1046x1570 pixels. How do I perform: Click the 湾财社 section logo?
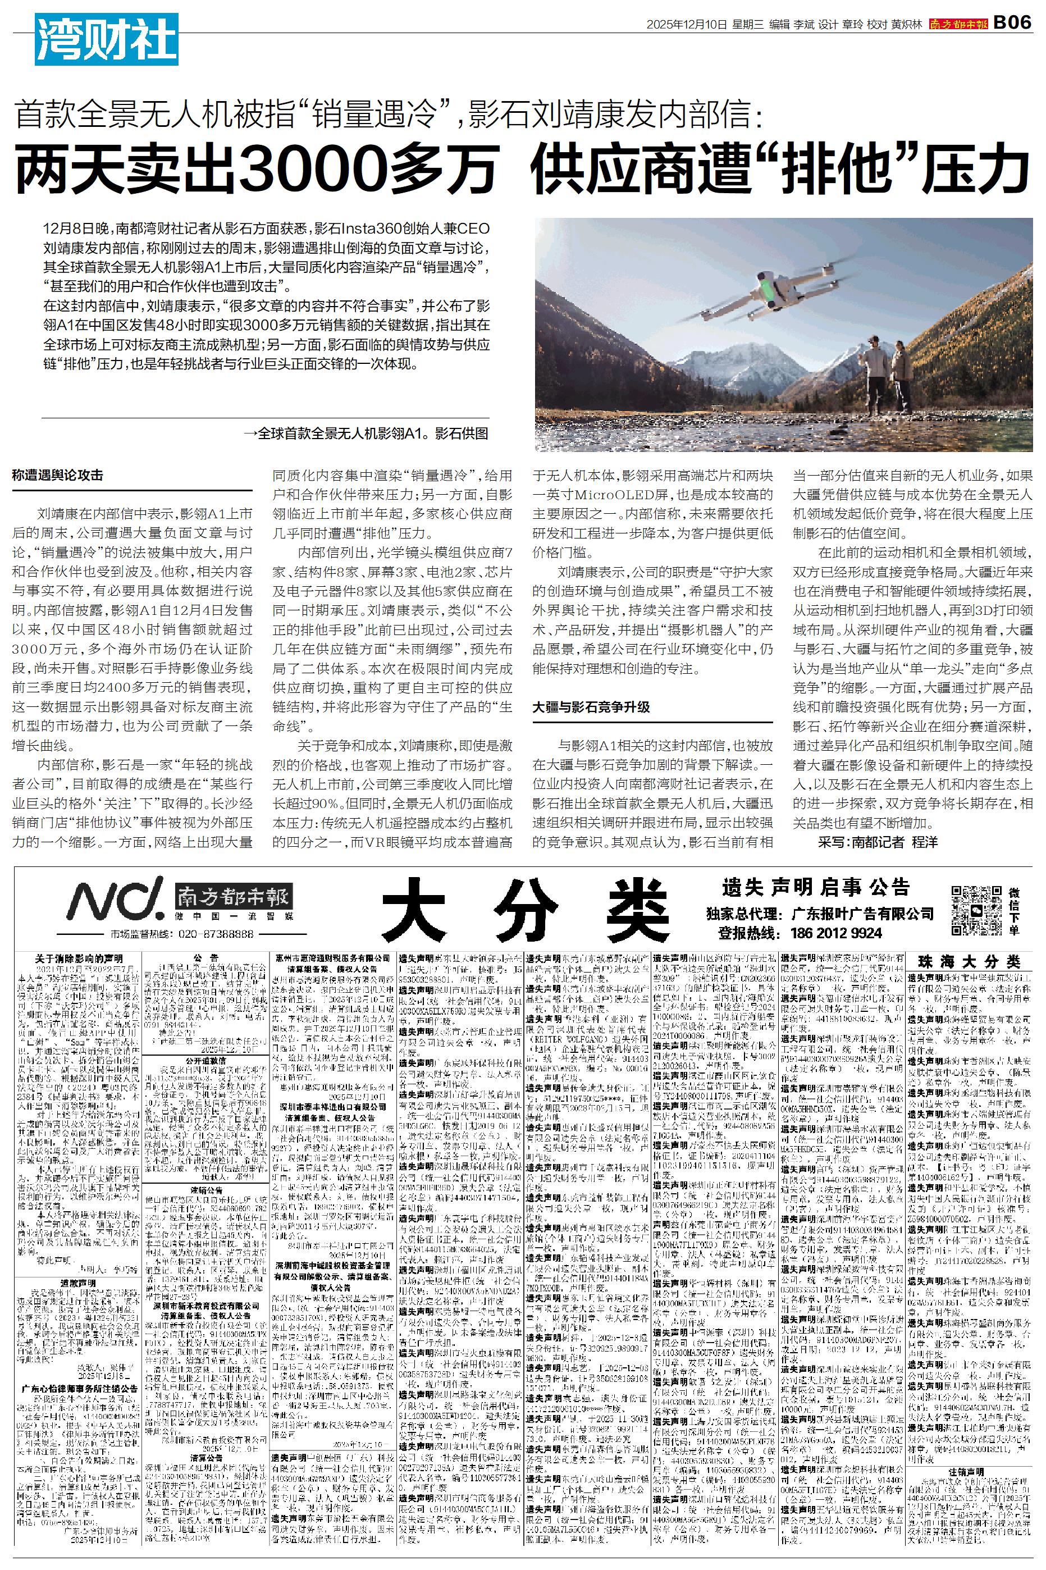tap(107, 40)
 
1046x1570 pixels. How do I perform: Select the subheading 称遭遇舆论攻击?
tap(58, 476)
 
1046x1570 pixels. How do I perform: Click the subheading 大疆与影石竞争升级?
tap(591, 706)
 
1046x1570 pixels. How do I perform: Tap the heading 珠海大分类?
tap(969, 961)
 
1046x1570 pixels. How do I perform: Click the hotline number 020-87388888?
tap(216, 934)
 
